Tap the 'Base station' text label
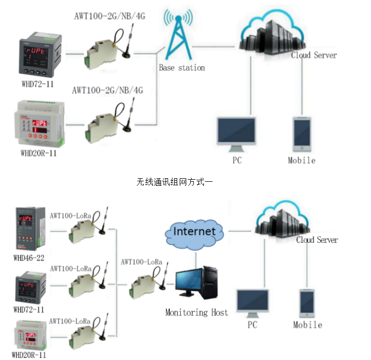click(x=182, y=67)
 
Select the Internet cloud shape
click(x=194, y=233)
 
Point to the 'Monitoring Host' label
click(x=196, y=313)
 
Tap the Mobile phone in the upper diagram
click(x=302, y=134)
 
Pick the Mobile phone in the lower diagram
click(x=307, y=303)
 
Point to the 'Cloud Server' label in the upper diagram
click(x=314, y=55)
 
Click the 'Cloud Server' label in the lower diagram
click(x=317, y=240)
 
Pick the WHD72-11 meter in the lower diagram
click(x=30, y=288)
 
